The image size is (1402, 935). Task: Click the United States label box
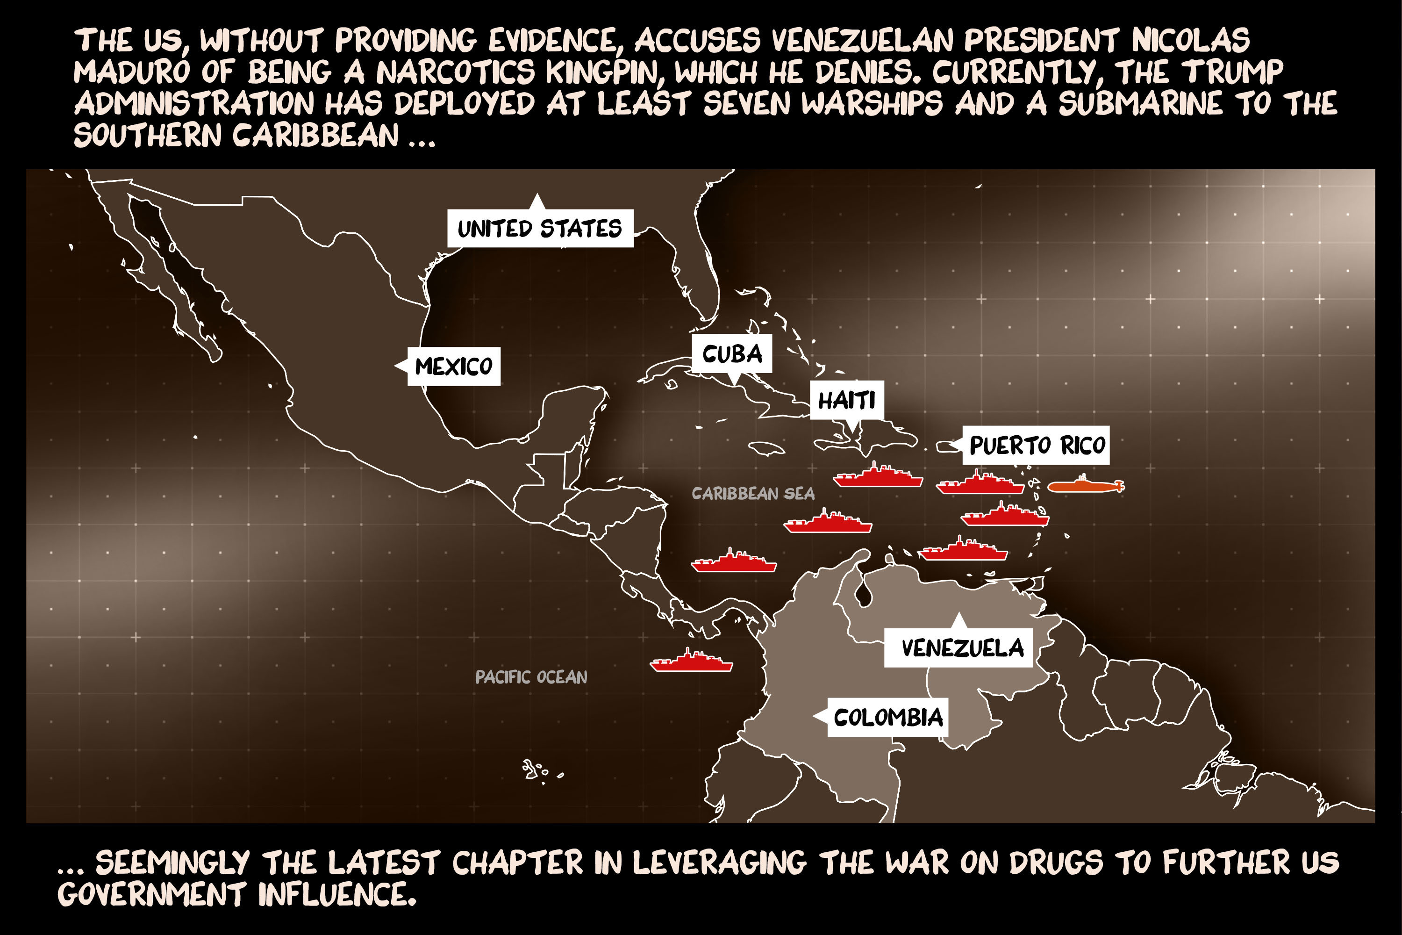click(540, 229)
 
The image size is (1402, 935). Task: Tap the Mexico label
click(454, 366)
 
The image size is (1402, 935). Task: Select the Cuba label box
click(732, 353)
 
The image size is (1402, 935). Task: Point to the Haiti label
click(846, 400)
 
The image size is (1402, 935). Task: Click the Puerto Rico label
click(1037, 446)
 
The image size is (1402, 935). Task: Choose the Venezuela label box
click(959, 647)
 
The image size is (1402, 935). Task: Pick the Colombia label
click(887, 717)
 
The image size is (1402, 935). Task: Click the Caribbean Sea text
click(753, 494)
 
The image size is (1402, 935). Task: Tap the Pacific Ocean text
click(530, 677)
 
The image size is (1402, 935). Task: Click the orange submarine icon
click(1085, 486)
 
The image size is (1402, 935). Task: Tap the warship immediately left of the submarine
click(980, 485)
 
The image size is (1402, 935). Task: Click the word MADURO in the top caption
click(131, 72)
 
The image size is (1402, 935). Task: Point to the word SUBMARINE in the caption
click(1140, 104)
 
